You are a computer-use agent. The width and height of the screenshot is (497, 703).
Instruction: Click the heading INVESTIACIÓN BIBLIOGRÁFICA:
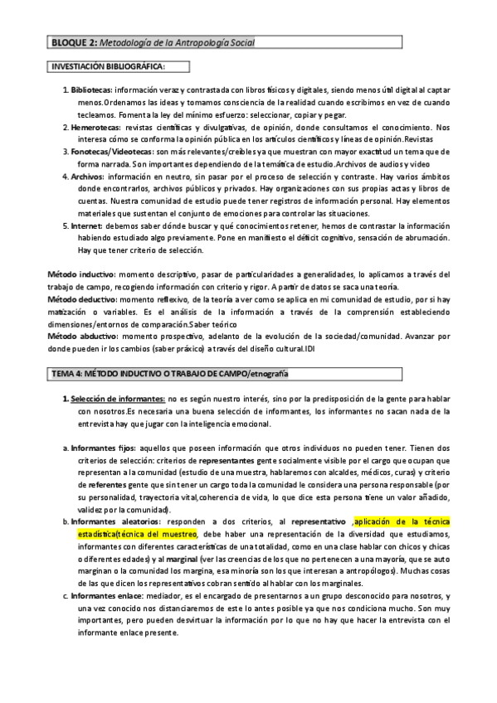coord(108,65)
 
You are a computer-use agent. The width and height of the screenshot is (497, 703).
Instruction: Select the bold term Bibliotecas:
coord(90,90)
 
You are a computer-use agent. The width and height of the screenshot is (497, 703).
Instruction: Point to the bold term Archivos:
coord(87,177)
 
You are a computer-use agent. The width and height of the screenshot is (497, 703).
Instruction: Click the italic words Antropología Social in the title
coord(212,41)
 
